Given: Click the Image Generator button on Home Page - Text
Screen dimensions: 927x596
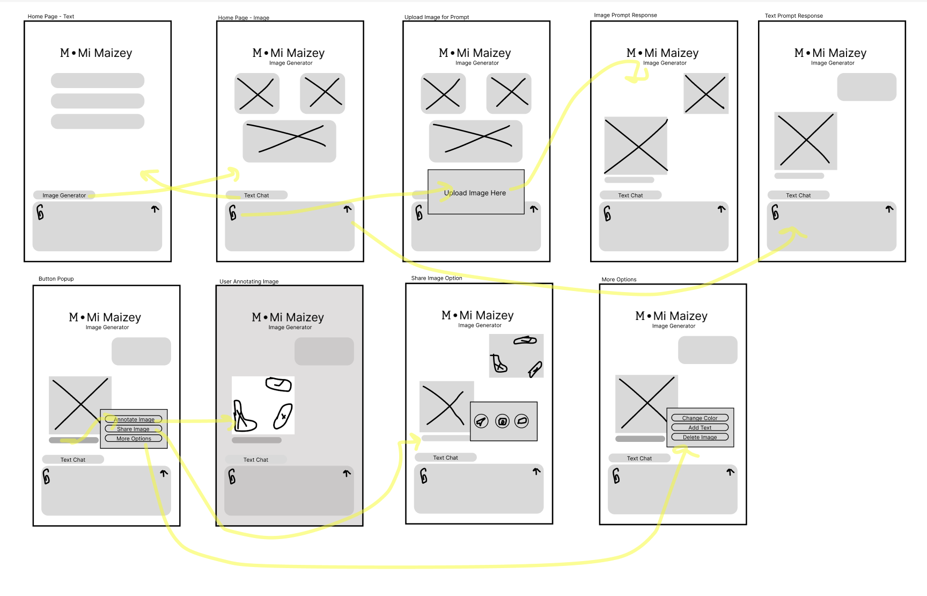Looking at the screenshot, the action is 64,195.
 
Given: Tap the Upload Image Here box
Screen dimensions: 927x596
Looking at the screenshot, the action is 476,192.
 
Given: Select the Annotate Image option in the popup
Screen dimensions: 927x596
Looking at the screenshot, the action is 134,419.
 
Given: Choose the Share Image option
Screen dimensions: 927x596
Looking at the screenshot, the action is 134,429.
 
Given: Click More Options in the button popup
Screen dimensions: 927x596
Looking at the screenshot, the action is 134,439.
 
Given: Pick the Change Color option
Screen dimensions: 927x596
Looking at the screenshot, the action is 700,418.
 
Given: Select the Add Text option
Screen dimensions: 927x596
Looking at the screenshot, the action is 700,427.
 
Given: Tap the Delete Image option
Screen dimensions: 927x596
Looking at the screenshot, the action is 700,437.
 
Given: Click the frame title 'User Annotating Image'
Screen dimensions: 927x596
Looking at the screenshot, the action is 249,281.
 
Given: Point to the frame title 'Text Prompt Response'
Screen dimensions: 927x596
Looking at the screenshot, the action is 794,16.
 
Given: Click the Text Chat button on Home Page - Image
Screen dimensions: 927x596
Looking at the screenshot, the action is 256,195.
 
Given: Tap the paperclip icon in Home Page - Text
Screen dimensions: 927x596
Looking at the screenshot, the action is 40,213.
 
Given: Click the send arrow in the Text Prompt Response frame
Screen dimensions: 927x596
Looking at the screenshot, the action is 889,209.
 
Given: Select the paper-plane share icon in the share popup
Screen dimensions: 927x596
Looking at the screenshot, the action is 482,421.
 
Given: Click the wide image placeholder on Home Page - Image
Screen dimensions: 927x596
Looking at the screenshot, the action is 290,141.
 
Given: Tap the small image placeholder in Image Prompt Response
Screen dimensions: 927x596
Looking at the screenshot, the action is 706,93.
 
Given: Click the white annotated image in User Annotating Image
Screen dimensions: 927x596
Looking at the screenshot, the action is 263,405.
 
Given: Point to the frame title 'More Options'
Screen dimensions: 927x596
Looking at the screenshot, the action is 619,280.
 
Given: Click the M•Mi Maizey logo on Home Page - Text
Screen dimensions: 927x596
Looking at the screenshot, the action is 96,53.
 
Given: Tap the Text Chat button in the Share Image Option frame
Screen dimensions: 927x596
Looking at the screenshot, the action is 446,457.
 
